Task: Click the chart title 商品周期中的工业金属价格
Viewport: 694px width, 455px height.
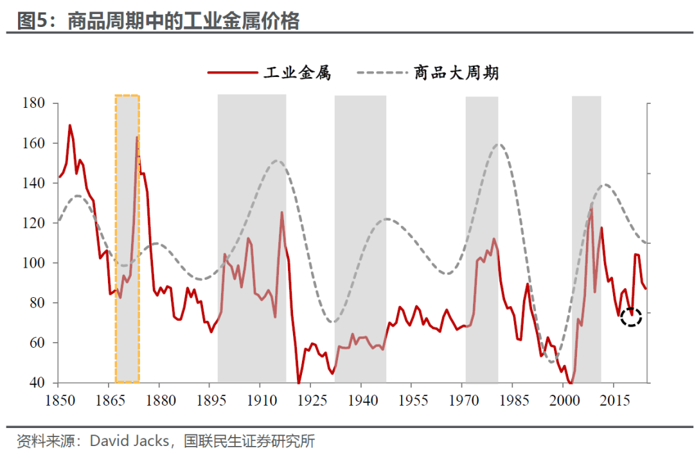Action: coord(183,21)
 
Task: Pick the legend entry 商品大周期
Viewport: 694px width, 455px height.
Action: coord(456,73)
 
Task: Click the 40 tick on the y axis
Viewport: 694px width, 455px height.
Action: coord(35,383)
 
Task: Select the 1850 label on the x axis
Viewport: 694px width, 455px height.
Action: coord(58,399)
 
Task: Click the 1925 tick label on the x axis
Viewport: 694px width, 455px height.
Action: coord(310,399)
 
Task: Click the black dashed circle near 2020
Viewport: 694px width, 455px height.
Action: coord(632,316)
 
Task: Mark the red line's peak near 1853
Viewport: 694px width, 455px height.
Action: coord(70,125)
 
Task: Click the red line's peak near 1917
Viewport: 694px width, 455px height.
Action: coord(281,212)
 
